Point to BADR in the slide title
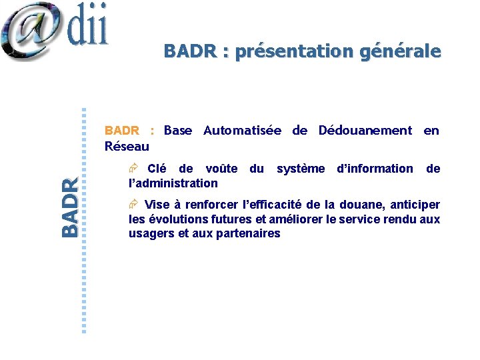click(189, 51)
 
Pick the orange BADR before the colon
click(121, 131)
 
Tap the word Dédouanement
click(365, 131)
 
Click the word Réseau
click(127, 145)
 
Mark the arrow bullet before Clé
click(133, 169)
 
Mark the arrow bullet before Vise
click(133, 205)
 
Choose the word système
click(301, 169)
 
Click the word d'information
click(375, 169)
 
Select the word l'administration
click(173, 183)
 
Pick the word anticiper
click(413, 205)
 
